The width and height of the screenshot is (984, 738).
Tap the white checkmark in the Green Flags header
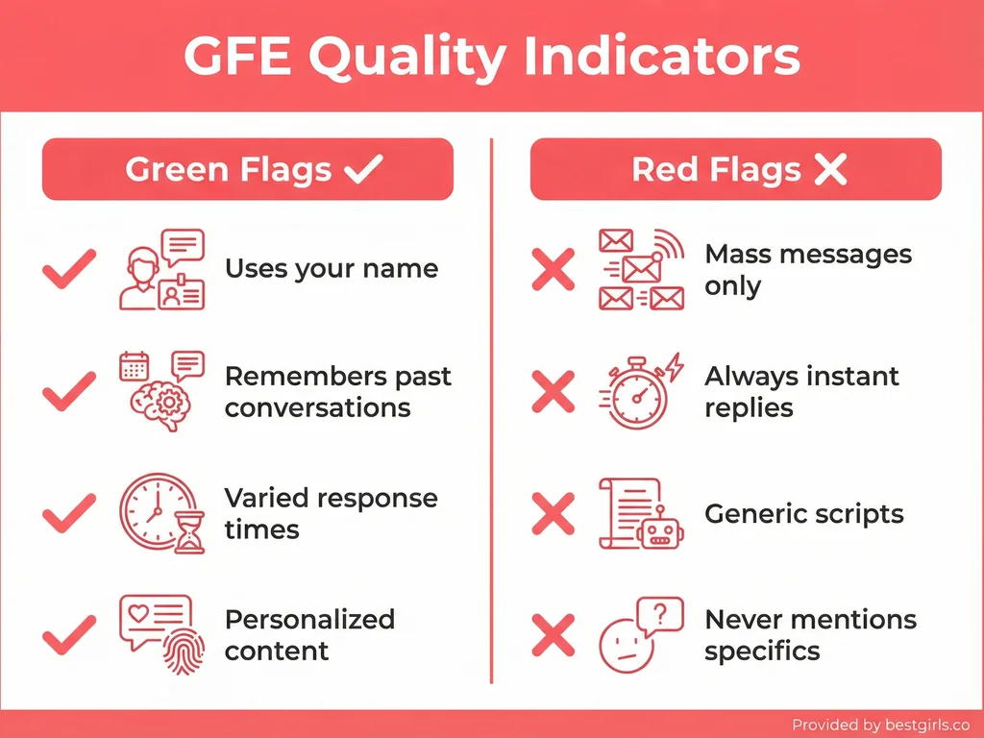pos(363,170)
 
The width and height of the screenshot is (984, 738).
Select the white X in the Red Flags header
pos(830,170)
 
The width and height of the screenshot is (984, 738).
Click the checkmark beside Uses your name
pos(70,269)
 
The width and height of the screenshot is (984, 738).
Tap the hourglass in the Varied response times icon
pos(190,532)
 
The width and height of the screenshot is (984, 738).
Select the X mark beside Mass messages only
pos(553,269)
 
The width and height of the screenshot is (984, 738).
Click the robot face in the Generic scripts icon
pos(659,529)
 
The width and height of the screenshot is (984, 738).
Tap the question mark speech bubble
pos(659,614)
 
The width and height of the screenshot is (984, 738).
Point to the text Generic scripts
pos(803,514)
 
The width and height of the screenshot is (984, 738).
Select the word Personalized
pos(309,619)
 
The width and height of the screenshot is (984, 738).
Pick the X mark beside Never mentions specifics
pos(553,635)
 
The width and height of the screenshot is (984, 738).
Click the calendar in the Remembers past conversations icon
pos(135,366)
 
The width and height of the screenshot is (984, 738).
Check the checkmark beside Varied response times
pos(70,513)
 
